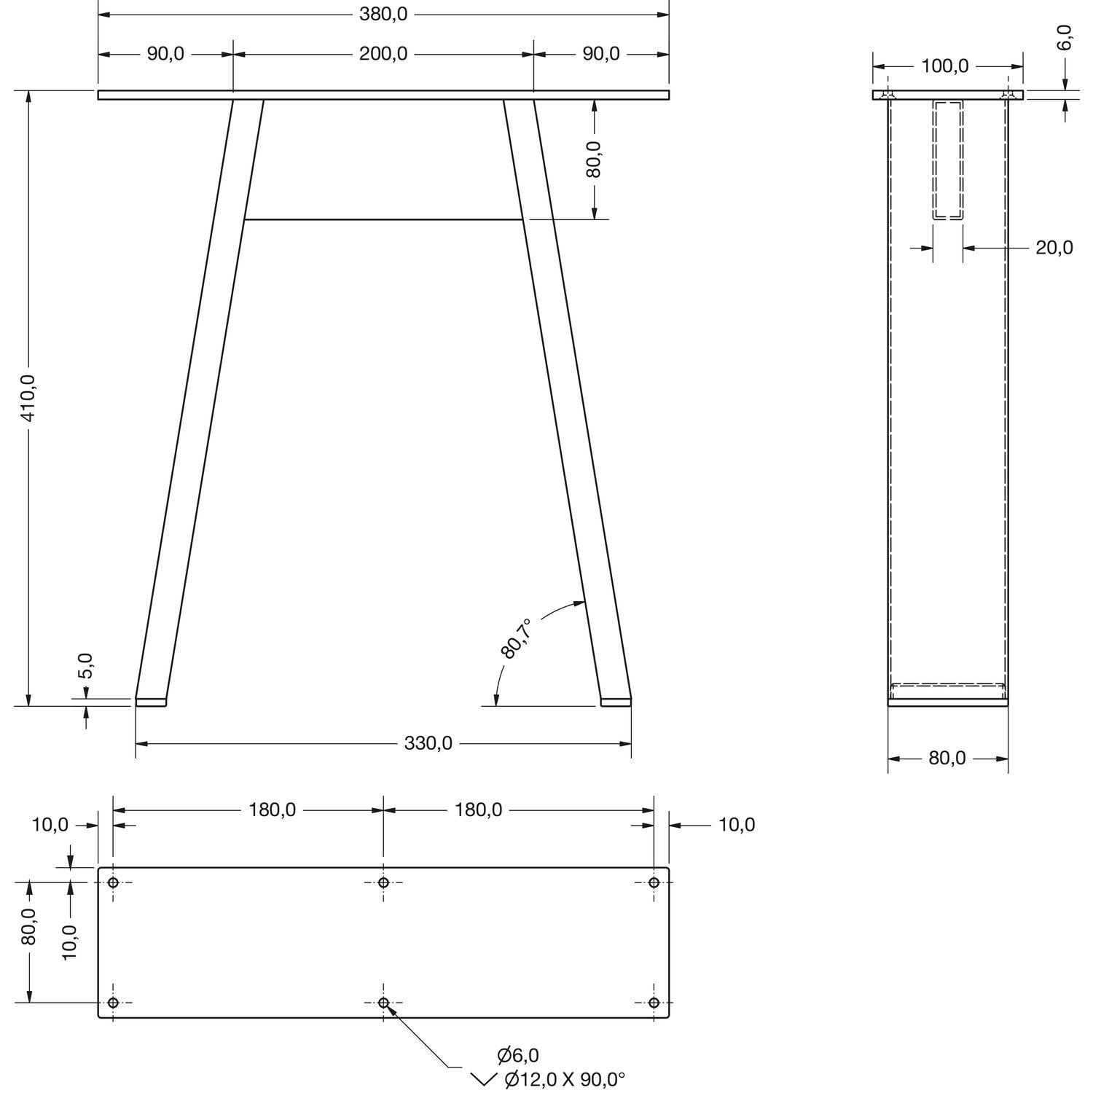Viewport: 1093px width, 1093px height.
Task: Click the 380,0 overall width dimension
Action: coord(383,14)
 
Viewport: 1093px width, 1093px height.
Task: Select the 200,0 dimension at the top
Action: coord(383,54)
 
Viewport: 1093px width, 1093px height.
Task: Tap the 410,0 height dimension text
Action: coord(28,398)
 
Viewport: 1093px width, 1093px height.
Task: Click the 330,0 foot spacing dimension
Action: coord(428,743)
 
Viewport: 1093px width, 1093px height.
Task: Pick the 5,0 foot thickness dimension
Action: coord(86,666)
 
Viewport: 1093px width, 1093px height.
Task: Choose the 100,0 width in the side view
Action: coord(945,66)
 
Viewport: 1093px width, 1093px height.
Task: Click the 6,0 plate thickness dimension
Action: coord(1065,37)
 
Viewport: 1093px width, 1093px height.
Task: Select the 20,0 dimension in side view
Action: coord(1054,248)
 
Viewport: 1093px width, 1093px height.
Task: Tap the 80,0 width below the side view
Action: coord(947,759)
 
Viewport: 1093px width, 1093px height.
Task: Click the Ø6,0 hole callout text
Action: coord(518,1054)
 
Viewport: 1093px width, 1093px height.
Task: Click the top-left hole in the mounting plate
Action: coord(113,882)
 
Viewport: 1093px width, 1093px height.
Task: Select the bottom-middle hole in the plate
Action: coord(383,1003)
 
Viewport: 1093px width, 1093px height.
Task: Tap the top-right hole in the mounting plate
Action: coord(654,882)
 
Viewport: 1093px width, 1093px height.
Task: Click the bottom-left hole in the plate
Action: coord(113,1003)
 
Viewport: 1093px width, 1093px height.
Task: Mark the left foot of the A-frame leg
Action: coord(151,702)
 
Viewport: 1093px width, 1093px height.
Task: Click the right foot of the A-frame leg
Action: coord(616,702)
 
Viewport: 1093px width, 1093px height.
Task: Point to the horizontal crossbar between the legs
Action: coord(383,219)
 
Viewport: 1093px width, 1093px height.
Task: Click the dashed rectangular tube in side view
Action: coord(948,160)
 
